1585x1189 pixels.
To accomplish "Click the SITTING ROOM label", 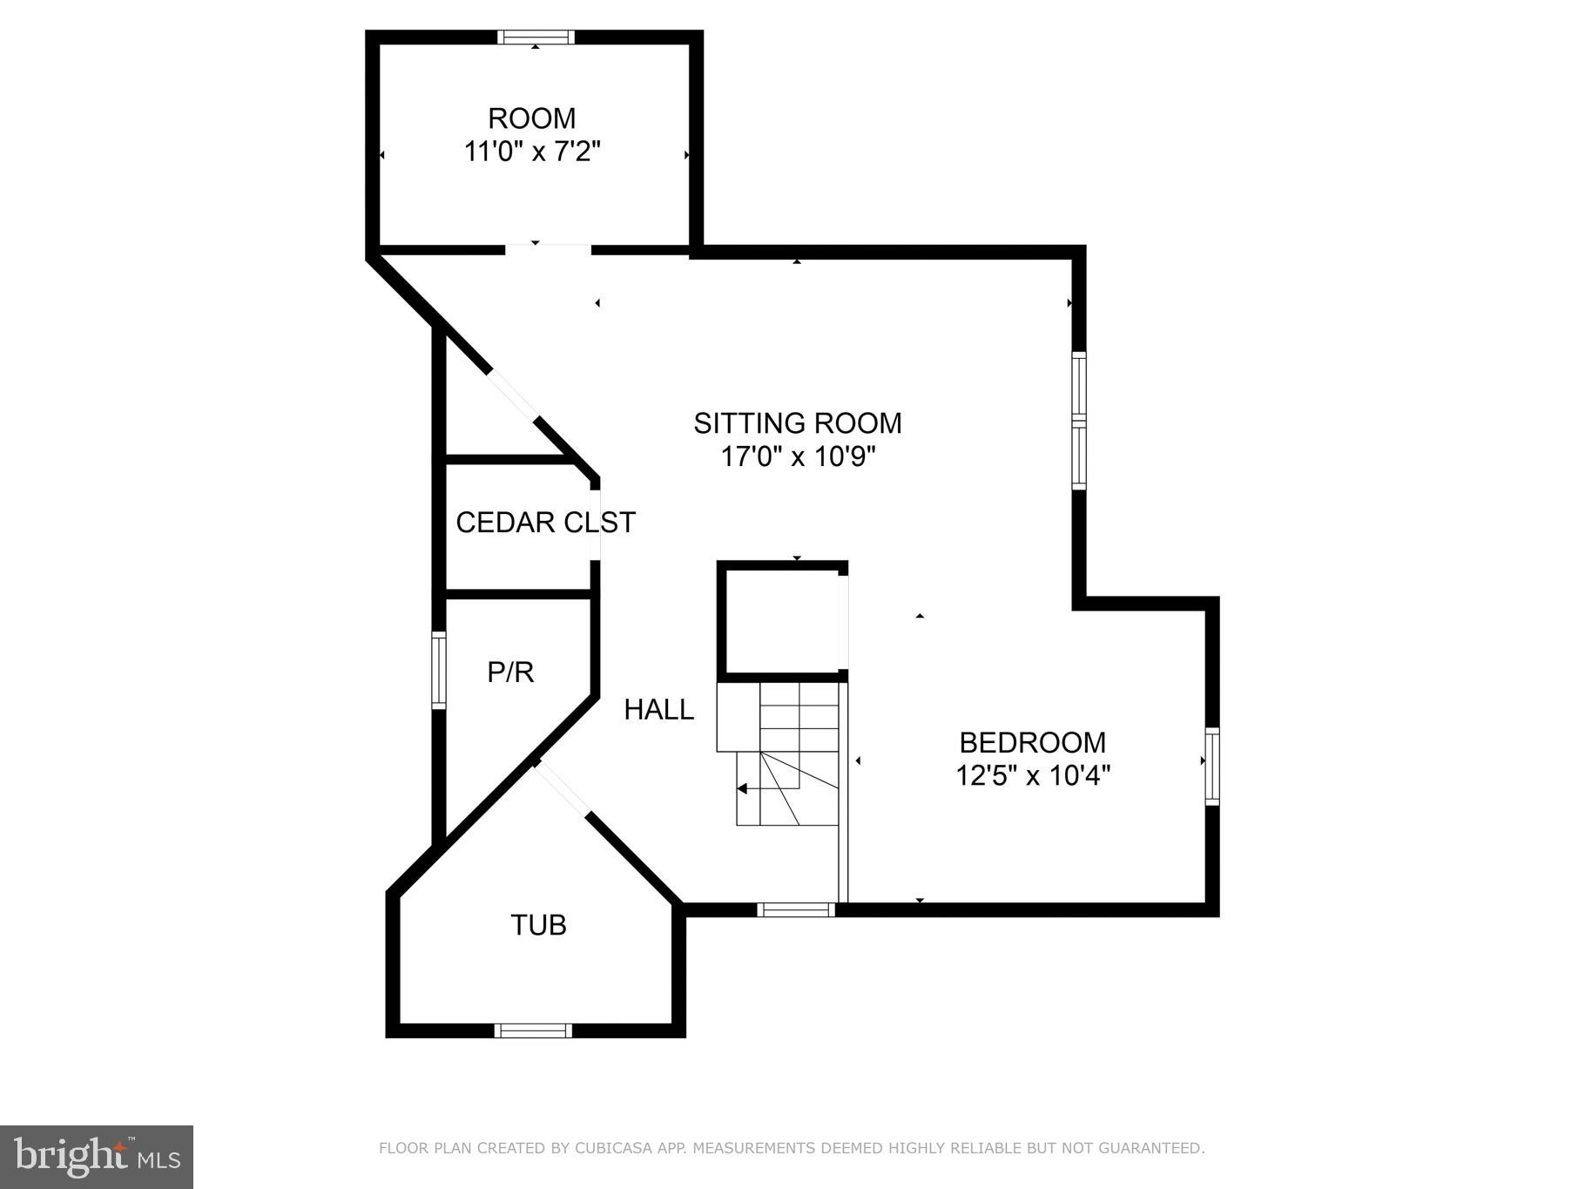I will pyautogui.click(x=797, y=423).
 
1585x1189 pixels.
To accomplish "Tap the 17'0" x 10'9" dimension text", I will pyautogui.click(x=797, y=456).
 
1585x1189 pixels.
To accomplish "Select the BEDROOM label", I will pyautogui.click(x=1032, y=742).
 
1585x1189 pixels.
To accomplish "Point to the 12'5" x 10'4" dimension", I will pyautogui.click(x=1032, y=775).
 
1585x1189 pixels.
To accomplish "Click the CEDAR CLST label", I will pyautogui.click(x=545, y=523).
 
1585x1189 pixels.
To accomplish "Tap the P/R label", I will pyautogui.click(x=510, y=672).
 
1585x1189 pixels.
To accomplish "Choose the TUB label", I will pyautogui.click(x=538, y=925).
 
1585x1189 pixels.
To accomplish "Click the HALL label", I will pyautogui.click(x=659, y=710).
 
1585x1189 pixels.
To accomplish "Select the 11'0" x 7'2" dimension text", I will pyautogui.click(x=532, y=152).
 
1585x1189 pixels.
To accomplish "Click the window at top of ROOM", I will pyautogui.click(x=536, y=37).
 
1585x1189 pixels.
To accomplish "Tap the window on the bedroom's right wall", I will pyautogui.click(x=1211, y=766).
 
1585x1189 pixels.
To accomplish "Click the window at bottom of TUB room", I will pyautogui.click(x=533, y=1030).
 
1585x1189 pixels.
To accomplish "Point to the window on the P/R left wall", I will pyautogui.click(x=439, y=669).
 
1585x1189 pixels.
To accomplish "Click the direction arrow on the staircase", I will pyautogui.click(x=743, y=789).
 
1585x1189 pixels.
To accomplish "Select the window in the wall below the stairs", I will pyautogui.click(x=795, y=909).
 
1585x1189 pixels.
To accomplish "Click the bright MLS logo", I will pyautogui.click(x=97, y=1157).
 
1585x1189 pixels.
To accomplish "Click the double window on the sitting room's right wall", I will pyautogui.click(x=1079, y=420).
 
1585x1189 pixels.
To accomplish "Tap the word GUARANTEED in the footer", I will pyautogui.click(x=1150, y=1148).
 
